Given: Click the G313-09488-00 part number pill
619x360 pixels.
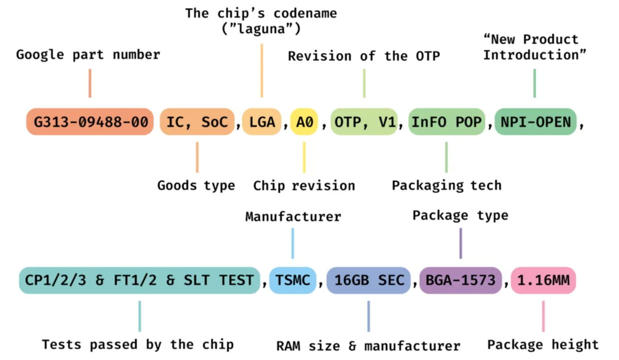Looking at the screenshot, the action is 90,122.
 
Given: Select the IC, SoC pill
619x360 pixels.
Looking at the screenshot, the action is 197,122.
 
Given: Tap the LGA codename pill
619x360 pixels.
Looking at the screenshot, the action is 262,122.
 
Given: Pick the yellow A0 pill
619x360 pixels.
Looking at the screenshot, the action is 304,122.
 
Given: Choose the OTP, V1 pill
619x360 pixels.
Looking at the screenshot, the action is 364,122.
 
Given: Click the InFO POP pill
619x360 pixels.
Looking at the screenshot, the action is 446,122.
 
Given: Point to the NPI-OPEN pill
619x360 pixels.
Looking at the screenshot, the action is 535,122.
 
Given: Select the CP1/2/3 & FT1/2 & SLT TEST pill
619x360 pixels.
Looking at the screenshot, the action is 140,280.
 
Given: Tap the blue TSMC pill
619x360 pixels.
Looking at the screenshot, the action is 293,280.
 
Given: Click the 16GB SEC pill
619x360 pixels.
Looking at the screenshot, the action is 368,280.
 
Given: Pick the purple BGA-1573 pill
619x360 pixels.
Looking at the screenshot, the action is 460,280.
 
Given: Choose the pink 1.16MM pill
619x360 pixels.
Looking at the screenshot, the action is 543,280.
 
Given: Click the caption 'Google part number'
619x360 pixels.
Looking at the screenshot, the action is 88,55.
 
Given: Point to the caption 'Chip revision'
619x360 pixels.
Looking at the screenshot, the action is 304,186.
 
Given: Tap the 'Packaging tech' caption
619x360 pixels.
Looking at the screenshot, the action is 446,186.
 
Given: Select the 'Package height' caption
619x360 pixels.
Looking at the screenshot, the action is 543,345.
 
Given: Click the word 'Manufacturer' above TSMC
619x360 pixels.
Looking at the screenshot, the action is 293,216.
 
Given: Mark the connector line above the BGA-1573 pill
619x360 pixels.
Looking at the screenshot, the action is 461,243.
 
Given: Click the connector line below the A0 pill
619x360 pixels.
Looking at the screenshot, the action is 304,157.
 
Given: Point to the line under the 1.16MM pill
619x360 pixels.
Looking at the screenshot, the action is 543,316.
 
